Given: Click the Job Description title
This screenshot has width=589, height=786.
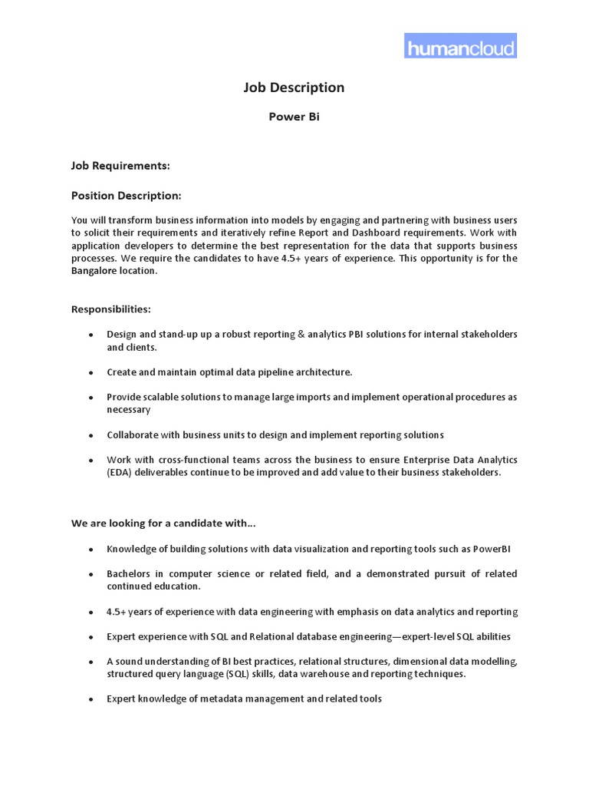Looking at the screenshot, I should (x=294, y=88).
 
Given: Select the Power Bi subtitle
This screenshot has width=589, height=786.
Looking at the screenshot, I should (x=294, y=117).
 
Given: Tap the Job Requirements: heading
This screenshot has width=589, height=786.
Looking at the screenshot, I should (x=120, y=165).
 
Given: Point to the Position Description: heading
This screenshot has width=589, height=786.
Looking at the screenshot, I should (x=127, y=195).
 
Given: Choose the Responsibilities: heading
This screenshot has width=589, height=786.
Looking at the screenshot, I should (x=111, y=309).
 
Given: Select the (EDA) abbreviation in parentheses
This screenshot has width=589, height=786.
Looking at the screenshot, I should (x=121, y=473).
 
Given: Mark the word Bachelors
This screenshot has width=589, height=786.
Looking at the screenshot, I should (x=132, y=574).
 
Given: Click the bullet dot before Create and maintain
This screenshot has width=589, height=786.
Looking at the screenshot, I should (x=91, y=373).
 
